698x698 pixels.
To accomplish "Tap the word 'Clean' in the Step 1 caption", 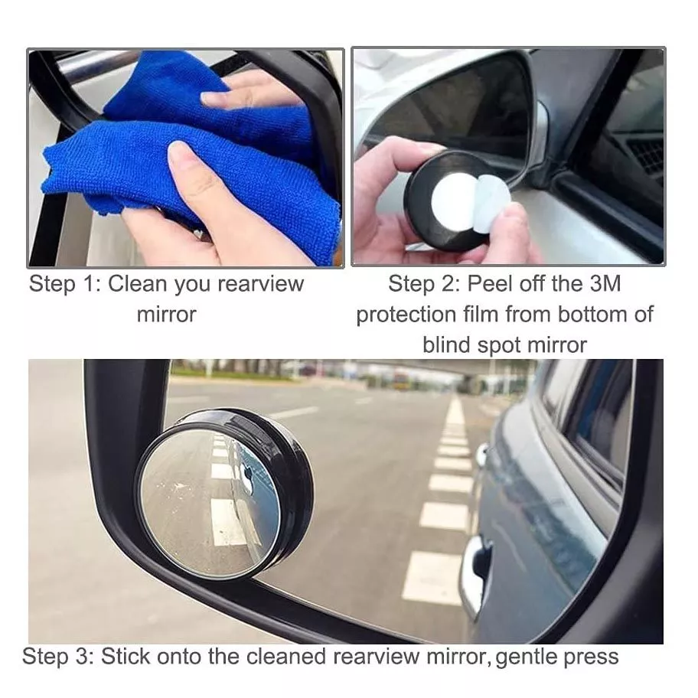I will click(x=138, y=284).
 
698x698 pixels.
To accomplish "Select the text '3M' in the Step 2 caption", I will click(x=605, y=284).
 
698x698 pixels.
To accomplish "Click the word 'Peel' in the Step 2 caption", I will click(x=490, y=284).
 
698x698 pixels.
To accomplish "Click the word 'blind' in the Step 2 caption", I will click(x=447, y=345).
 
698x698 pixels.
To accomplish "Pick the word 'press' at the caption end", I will click(x=595, y=657).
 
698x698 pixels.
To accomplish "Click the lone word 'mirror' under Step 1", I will click(x=166, y=315).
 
